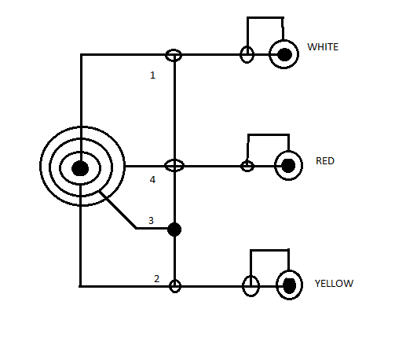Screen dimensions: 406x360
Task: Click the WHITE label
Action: (323, 47)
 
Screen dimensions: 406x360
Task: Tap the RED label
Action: (325, 161)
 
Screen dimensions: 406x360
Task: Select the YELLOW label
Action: (334, 284)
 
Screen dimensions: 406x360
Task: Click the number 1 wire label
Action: (152, 75)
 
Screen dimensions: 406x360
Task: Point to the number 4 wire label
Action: (152, 179)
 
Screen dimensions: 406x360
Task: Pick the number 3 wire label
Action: (151, 220)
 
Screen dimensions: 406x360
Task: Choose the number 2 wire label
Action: (156, 278)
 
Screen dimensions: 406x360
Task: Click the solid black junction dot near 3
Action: (174, 230)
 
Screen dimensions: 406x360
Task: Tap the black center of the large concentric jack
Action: (80, 168)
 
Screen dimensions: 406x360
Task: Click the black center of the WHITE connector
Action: (284, 54)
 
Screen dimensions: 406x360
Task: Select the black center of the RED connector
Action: (288, 166)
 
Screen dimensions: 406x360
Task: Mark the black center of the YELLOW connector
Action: (290, 285)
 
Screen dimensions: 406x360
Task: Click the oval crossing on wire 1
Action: (174, 55)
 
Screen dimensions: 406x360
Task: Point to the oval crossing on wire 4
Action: (174, 165)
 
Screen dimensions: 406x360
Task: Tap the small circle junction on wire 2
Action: (175, 286)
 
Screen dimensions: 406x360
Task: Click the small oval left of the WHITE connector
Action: (247, 54)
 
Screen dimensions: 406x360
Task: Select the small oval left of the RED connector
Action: (247, 166)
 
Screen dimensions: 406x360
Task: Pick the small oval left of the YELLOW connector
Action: (251, 286)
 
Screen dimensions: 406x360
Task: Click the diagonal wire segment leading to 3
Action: (118, 210)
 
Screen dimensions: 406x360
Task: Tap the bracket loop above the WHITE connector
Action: (265, 18)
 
